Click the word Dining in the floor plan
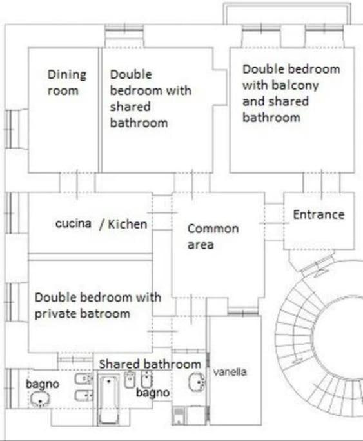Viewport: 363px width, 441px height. (x=67, y=76)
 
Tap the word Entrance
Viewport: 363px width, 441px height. (x=319, y=214)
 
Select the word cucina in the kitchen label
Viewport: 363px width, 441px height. (x=74, y=223)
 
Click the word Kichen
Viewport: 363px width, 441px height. (x=128, y=224)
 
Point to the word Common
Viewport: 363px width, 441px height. (x=213, y=229)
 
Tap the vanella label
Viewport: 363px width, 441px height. (x=230, y=372)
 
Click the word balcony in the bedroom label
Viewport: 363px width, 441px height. (x=299, y=86)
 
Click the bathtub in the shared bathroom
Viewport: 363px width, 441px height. (x=109, y=400)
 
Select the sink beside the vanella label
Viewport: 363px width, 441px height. (x=197, y=382)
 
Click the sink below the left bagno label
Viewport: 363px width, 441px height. (x=40, y=400)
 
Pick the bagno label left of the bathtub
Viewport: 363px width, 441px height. (x=43, y=384)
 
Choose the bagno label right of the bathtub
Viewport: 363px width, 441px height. (x=153, y=393)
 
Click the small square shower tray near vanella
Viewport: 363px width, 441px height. (x=179, y=415)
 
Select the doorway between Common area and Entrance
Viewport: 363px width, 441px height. (x=274, y=223)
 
